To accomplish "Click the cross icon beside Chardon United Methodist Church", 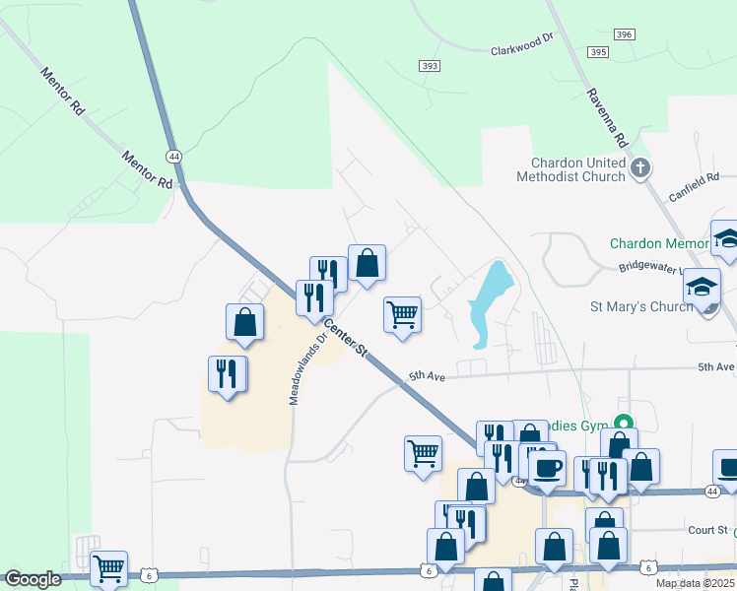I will point(640,168).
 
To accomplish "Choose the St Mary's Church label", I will point(644,306).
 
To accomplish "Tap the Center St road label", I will point(346,338).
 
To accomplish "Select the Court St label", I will point(707,530).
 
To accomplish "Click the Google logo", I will point(33,579).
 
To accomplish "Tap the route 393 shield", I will point(429,67).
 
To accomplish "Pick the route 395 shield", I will point(597,51).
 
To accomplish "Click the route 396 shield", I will point(623,34).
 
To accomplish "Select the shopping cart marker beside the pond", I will point(402,315).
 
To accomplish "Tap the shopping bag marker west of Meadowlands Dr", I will point(244,322).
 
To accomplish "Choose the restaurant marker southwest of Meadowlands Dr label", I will point(228,374).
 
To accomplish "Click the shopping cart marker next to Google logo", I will point(108,568).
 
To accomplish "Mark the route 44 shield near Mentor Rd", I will point(173,156).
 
